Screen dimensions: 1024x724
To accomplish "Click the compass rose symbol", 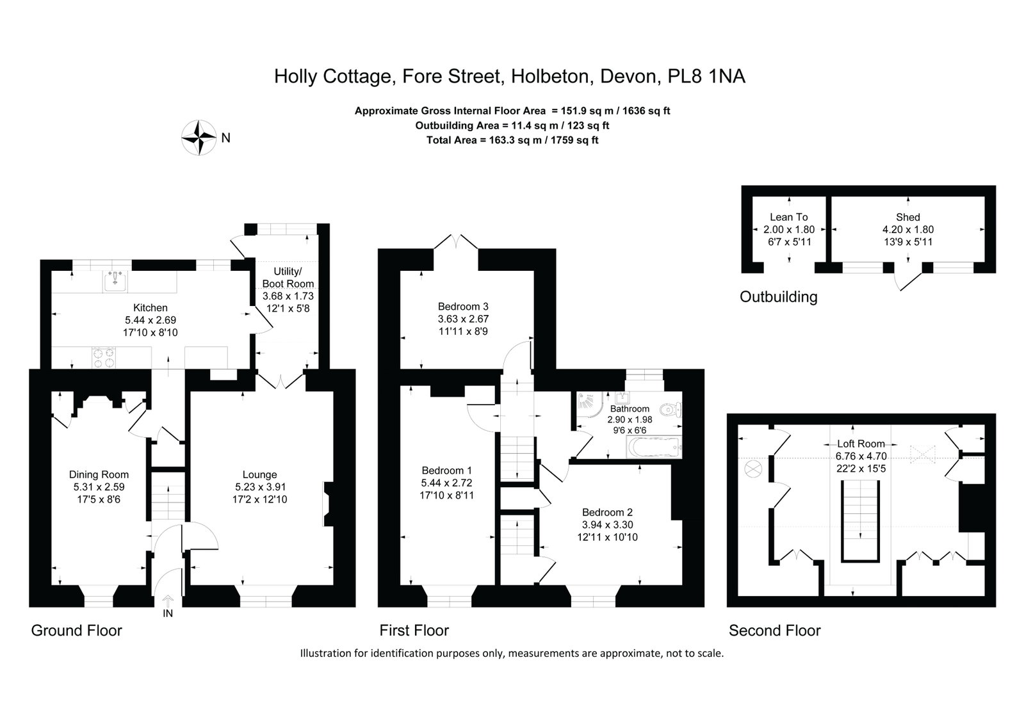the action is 199,136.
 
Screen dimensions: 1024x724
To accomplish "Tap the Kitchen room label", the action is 150,308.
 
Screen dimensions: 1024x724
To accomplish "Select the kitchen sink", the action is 115,280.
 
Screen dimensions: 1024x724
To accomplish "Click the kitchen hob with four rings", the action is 104,358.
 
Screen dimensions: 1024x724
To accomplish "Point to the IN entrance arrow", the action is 168,600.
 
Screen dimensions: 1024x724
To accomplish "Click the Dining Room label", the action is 99,474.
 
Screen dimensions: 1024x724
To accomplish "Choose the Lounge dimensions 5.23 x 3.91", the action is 259,487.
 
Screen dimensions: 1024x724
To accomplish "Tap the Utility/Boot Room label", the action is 288,277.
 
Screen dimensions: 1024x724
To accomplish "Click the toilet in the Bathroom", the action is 671,410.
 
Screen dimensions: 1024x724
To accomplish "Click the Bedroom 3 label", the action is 463,306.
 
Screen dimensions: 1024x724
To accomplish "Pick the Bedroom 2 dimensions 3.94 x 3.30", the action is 607,525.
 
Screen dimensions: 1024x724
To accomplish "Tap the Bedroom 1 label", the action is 446,471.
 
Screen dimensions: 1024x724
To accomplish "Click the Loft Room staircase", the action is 860,520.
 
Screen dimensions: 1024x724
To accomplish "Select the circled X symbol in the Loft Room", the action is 753,469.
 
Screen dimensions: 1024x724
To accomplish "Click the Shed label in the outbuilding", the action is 908,217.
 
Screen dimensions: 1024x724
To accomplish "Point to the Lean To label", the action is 788,217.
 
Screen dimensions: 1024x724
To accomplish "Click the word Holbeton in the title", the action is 552,76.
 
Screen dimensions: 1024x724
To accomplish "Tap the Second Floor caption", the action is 774,631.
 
